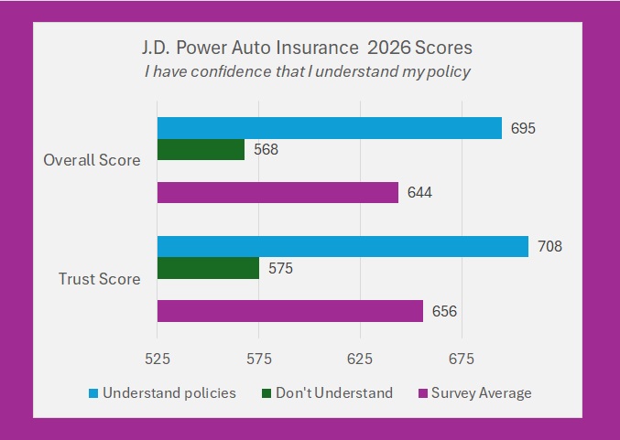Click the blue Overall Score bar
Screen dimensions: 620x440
(x=330, y=128)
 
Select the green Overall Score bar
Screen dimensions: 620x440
(x=201, y=149)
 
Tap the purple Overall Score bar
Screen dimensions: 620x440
(x=277, y=192)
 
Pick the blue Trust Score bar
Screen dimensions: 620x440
(x=343, y=246)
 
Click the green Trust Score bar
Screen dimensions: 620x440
(x=208, y=268)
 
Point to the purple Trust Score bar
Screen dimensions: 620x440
(x=290, y=311)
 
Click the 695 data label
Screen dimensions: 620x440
(x=523, y=128)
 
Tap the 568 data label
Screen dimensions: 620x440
(x=266, y=149)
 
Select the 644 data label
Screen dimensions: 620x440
(x=419, y=192)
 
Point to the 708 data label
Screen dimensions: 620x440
(x=549, y=246)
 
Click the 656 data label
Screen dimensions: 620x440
(x=444, y=311)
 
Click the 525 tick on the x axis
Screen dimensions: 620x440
(x=158, y=359)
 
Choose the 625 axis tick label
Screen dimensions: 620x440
(x=360, y=359)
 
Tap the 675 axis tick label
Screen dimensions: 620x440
(x=461, y=359)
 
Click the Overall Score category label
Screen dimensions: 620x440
(x=92, y=160)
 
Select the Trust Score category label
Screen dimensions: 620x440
(x=99, y=279)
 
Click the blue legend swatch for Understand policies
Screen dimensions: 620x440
(x=93, y=393)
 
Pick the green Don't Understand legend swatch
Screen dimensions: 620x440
(x=266, y=393)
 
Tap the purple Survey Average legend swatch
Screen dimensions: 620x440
(x=423, y=393)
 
